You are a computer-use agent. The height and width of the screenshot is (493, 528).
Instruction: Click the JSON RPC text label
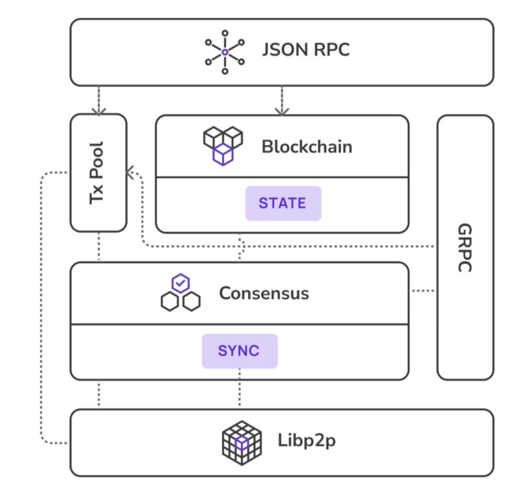(306, 50)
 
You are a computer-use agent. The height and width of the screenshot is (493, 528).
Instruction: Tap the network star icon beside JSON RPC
(225, 53)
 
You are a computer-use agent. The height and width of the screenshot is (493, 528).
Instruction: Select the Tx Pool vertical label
(97, 173)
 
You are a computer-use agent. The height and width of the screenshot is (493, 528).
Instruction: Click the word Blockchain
(307, 147)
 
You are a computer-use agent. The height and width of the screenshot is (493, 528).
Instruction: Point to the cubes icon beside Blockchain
(223, 146)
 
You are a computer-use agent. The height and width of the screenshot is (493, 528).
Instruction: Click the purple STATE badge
(283, 204)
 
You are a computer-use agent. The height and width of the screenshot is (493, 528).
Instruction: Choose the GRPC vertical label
(465, 248)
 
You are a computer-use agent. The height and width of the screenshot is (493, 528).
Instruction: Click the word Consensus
(264, 293)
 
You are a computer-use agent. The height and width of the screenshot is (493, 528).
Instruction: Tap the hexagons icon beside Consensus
(180, 292)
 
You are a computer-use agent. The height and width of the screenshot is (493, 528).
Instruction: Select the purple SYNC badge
(240, 351)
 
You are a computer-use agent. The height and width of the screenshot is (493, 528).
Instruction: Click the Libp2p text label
(307, 440)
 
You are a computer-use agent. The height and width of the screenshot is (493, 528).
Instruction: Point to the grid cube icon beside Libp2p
(242, 443)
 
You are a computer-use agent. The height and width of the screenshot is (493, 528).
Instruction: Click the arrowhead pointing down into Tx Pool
(99, 112)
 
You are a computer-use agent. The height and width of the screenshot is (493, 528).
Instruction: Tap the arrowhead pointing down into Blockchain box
(282, 112)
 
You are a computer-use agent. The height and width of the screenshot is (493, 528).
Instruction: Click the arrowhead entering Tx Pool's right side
(129, 172)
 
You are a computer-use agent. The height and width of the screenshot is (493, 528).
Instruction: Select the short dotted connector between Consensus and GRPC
(423, 291)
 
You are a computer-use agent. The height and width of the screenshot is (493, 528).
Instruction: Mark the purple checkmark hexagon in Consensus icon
(180, 283)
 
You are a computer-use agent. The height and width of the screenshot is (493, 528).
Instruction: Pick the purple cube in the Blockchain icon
(223, 155)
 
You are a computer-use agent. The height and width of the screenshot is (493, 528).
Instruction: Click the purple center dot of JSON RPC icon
(225, 53)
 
